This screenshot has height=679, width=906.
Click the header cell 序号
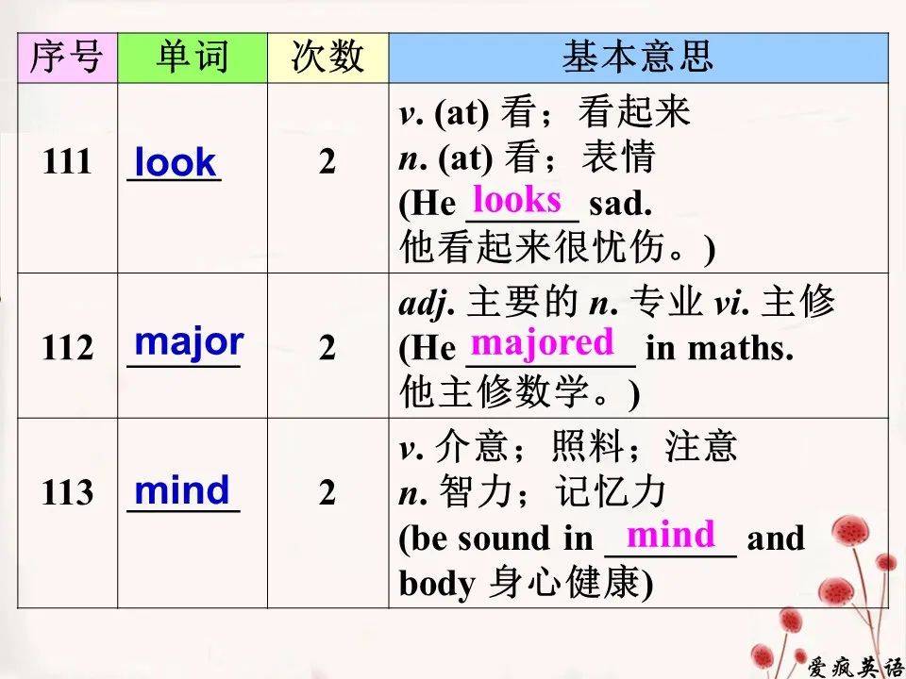pos(67,58)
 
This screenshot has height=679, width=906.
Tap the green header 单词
pos(193,58)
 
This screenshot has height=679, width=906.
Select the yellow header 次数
pos(327,58)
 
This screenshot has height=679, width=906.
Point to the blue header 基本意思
pos(638,58)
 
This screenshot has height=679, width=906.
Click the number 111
pos(67,161)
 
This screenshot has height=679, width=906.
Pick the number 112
pos(67,348)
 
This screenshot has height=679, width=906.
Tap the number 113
pos(67,492)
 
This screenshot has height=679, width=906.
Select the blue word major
pos(189,343)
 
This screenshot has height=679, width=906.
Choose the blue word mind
pos(182,490)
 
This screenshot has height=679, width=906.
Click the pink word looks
pos(516,200)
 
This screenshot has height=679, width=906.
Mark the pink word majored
pos(542,342)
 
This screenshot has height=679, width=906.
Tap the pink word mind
pos(671,534)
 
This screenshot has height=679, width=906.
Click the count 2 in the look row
pos(327,162)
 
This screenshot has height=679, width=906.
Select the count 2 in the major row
pos(327,348)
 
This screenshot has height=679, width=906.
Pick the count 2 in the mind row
pos(327,493)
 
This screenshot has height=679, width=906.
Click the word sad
pos(621,204)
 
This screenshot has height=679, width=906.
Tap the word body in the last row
pos(437,584)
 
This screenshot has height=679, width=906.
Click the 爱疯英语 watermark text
pos(856,667)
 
